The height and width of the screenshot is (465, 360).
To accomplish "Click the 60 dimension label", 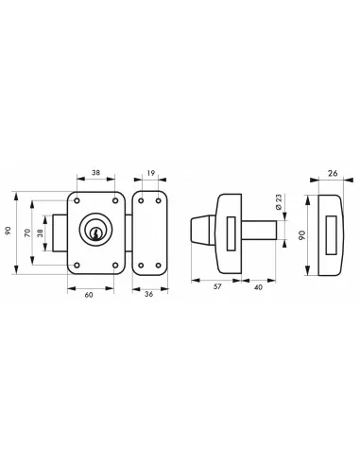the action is pyautogui.click(x=89, y=295).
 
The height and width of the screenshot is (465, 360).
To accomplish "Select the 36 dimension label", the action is pyautogui.click(x=149, y=294).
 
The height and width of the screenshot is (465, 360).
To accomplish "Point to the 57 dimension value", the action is pyautogui.click(x=217, y=286).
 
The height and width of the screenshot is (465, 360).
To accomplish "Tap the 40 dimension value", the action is pyautogui.click(x=258, y=287).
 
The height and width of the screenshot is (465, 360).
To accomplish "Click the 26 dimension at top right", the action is pyautogui.click(x=333, y=173).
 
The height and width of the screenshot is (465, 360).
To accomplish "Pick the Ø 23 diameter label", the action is pyautogui.click(x=278, y=202).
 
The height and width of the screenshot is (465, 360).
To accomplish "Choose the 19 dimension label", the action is pyautogui.click(x=151, y=173).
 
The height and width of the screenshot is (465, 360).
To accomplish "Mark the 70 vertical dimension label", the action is pyautogui.click(x=27, y=232).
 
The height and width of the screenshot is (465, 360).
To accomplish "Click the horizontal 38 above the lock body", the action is pyautogui.click(x=96, y=172).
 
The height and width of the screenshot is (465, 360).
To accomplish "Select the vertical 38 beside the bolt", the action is pyautogui.click(x=40, y=233).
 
